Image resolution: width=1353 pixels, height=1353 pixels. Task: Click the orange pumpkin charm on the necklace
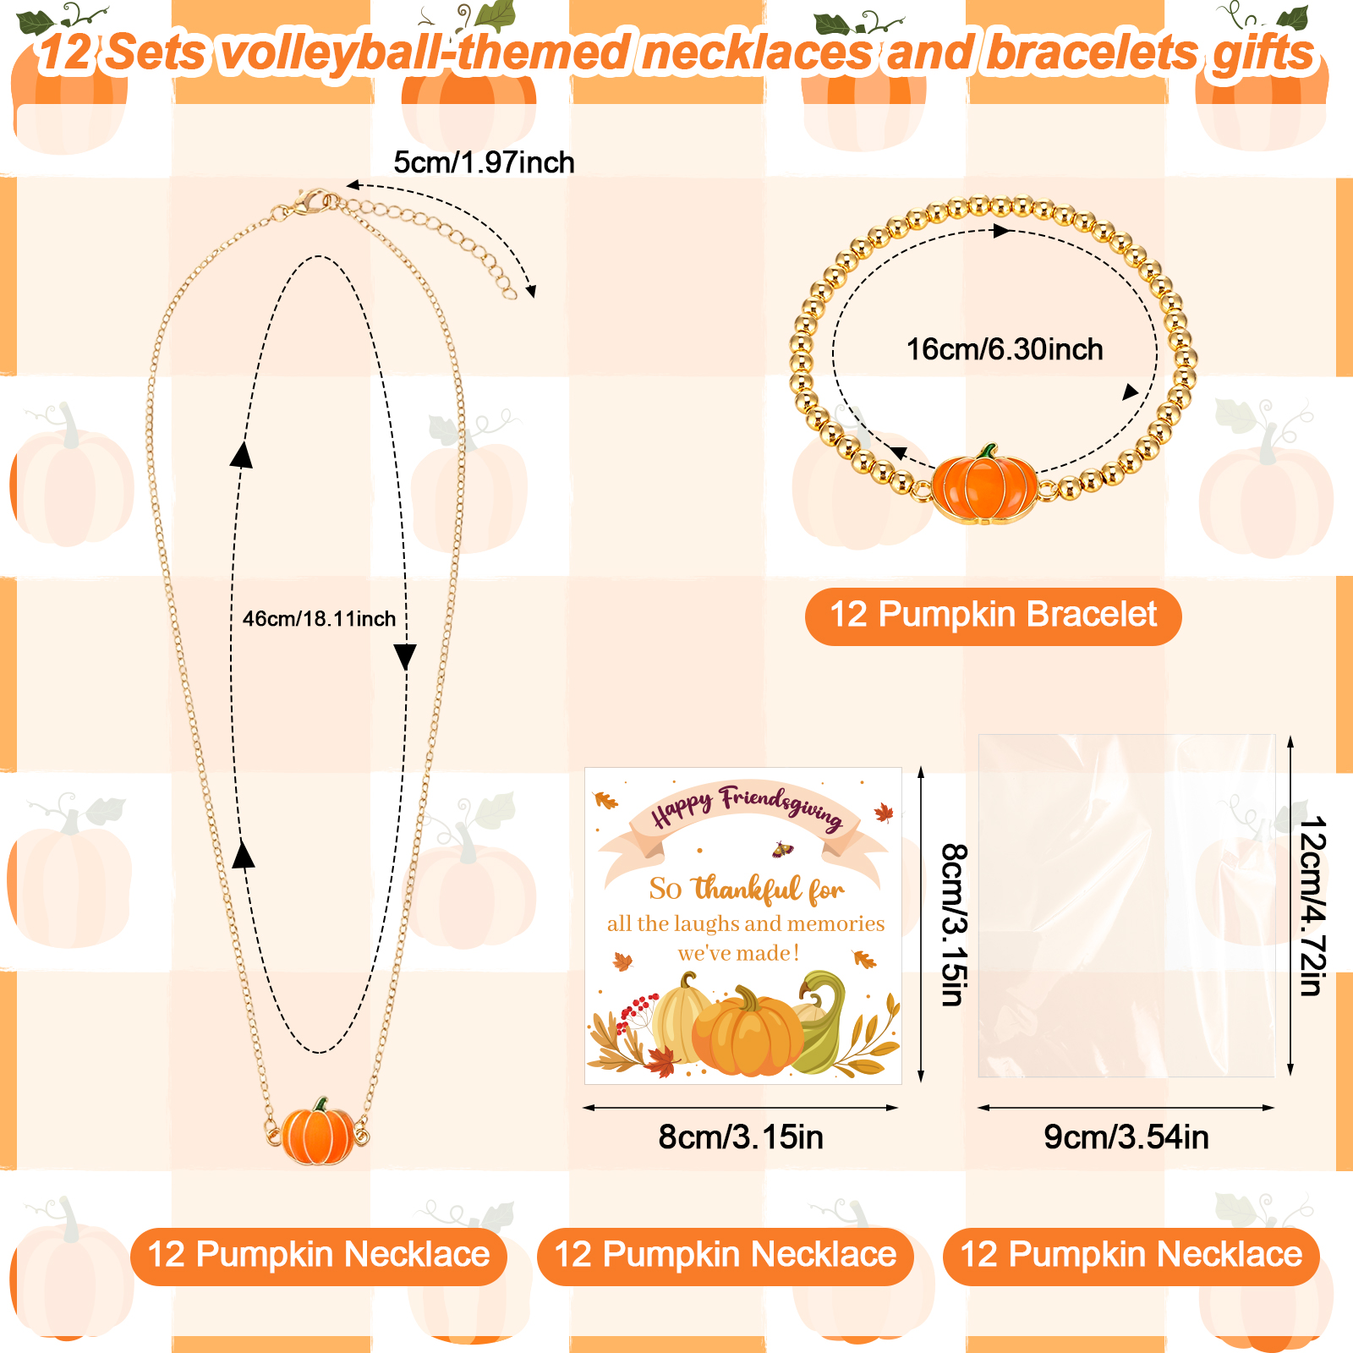tap(318, 1131)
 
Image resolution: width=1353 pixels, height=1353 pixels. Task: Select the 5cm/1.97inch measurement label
tap(484, 162)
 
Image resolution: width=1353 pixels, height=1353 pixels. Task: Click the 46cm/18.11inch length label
tap(319, 618)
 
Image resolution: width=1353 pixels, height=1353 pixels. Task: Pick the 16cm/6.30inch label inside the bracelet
tap(1005, 348)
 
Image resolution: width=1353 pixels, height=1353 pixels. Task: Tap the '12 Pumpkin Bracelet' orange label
tap(993, 616)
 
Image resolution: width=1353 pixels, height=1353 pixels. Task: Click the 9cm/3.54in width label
tap(1126, 1137)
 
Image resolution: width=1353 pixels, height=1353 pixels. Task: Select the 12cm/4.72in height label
tap(1312, 906)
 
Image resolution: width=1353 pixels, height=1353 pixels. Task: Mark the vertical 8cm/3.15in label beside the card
tap(954, 924)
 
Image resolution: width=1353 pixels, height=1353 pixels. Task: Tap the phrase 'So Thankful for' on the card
tap(746, 889)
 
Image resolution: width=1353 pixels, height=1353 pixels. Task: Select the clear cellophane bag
tap(1126, 906)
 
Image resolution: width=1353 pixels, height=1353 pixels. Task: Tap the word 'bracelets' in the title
tap(1092, 52)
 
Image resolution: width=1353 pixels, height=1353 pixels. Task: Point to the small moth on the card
tap(783, 849)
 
